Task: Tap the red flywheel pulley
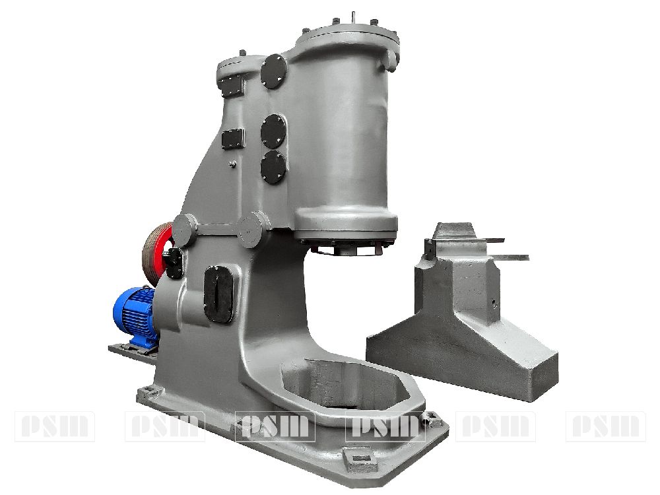[x=156, y=253]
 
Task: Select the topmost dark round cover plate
[x=274, y=71]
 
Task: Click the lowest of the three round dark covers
[x=273, y=168]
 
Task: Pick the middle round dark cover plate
[x=273, y=131]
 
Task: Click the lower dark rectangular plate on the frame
[x=233, y=139]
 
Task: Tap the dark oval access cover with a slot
[x=218, y=294]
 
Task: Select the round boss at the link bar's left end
[x=184, y=230]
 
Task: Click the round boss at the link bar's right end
[x=253, y=230]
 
